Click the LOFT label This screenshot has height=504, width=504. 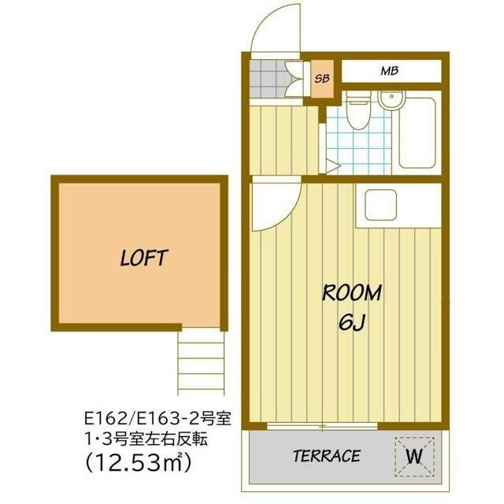(143, 258)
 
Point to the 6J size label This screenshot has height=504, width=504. (352, 322)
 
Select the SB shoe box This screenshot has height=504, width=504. (322, 79)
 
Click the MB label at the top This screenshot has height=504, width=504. (390, 71)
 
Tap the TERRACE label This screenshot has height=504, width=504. (327, 456)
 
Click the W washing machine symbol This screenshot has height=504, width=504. (414, 457)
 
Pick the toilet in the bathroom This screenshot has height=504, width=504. (358, 109)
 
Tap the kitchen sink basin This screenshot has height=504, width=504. (381, 205)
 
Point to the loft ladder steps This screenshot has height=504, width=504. (201, 363)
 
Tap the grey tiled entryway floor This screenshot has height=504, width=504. (267, 79)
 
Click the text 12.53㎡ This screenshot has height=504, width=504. (138, 462)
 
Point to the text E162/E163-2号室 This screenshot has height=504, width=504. (157, 418)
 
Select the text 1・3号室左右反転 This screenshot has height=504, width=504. (146, 439)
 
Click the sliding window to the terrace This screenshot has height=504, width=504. (322, 427)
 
